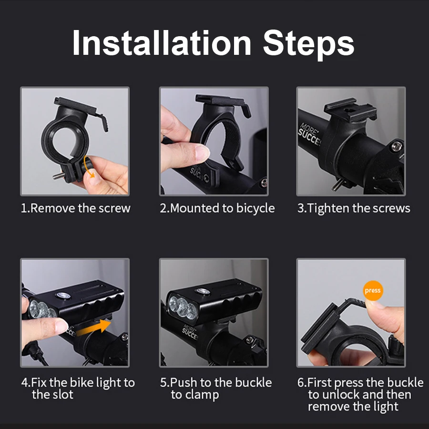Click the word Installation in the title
coord(162,43)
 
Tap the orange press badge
coord(373,290)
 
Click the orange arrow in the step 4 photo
coord(93,327)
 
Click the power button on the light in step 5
coord(203,291)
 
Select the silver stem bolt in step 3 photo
coord(397,147)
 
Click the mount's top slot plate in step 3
coord(350,110)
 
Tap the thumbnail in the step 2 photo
coord(203,153)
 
